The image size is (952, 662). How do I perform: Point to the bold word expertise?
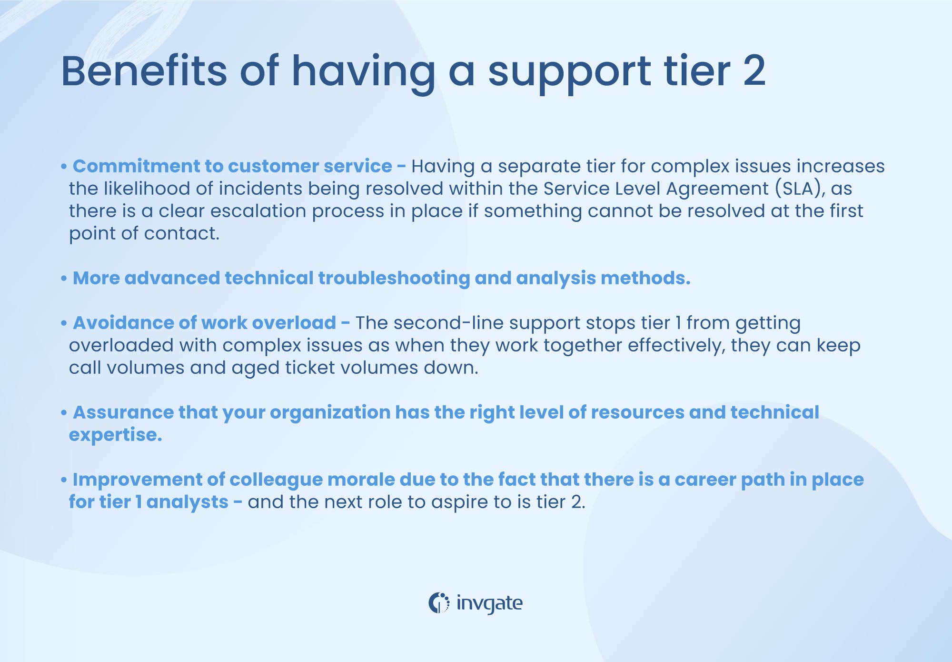click(x=115, y=435)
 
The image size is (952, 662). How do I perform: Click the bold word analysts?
click(x=188, y=502)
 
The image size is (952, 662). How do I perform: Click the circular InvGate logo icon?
click(x=438, y=603)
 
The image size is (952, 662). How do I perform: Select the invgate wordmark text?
click(x=489, y=603)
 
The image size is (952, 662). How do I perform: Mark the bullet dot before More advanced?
click(x=64, y=279)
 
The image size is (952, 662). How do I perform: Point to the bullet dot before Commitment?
click(x=64, y=167)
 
